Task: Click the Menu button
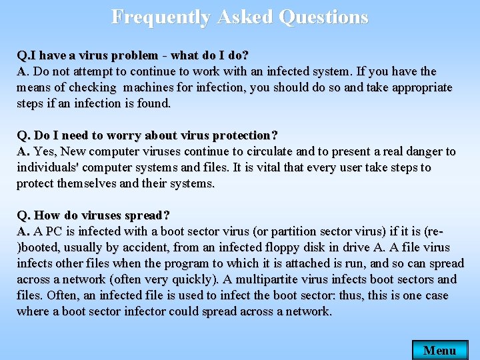(440, 350)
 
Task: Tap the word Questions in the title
(323, 17)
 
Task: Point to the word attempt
(101, 71)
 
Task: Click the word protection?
(243, 135)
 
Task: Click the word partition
(310, 231)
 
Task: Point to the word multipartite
(290, 279)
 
